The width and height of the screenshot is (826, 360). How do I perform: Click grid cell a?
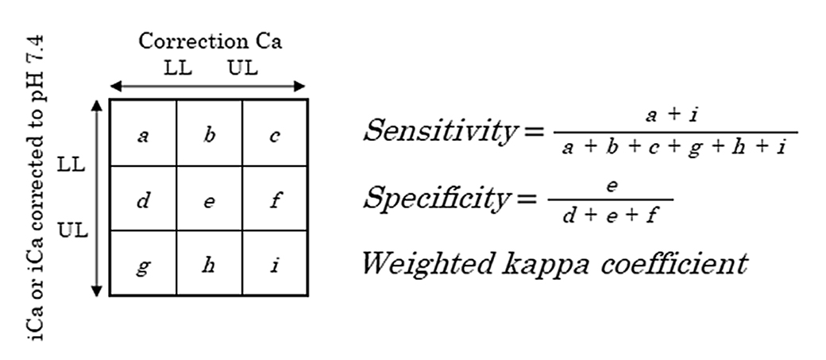[x=143, y=133]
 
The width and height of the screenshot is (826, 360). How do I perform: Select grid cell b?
[x=209, y=133]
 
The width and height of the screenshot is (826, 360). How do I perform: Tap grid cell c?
[x=275, y=133]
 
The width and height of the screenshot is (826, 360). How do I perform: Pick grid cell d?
[x=143, y=198]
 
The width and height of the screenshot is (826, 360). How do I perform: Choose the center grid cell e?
[x=209, y=198]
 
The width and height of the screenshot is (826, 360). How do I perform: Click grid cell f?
[x=275, y=198]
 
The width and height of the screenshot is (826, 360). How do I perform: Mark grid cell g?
[x=143, y=263]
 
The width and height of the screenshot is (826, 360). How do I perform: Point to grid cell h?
[x=209, y=263]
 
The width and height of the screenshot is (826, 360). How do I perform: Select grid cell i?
[x=275, y=263]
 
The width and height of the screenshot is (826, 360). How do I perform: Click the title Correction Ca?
[x=210, y=41]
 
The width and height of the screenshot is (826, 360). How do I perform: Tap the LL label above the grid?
[x=178, y=68]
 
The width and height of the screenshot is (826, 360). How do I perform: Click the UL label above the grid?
[x=243, y=68]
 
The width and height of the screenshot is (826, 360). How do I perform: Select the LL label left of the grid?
[x=71, y=165]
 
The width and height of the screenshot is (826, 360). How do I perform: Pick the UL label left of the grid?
[x=72, y=230]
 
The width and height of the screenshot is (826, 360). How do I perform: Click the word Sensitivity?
[x=440, y=130]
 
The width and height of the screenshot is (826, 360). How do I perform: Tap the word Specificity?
[x=436, y=198]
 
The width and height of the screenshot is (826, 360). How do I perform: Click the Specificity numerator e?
[x=611, y=186]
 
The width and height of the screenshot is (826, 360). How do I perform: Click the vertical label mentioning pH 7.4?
[x=37, y=188]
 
